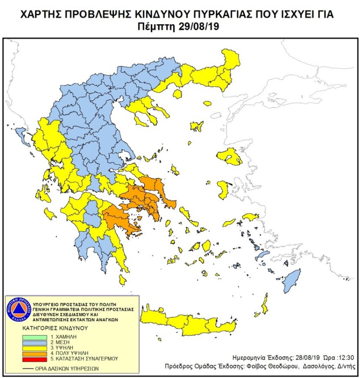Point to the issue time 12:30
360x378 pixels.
[341, 357]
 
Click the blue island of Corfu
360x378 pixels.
[20, 135]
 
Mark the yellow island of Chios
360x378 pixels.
[223, 188]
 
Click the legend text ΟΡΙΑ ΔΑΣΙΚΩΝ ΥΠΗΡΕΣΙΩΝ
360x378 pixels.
[62, 368]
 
